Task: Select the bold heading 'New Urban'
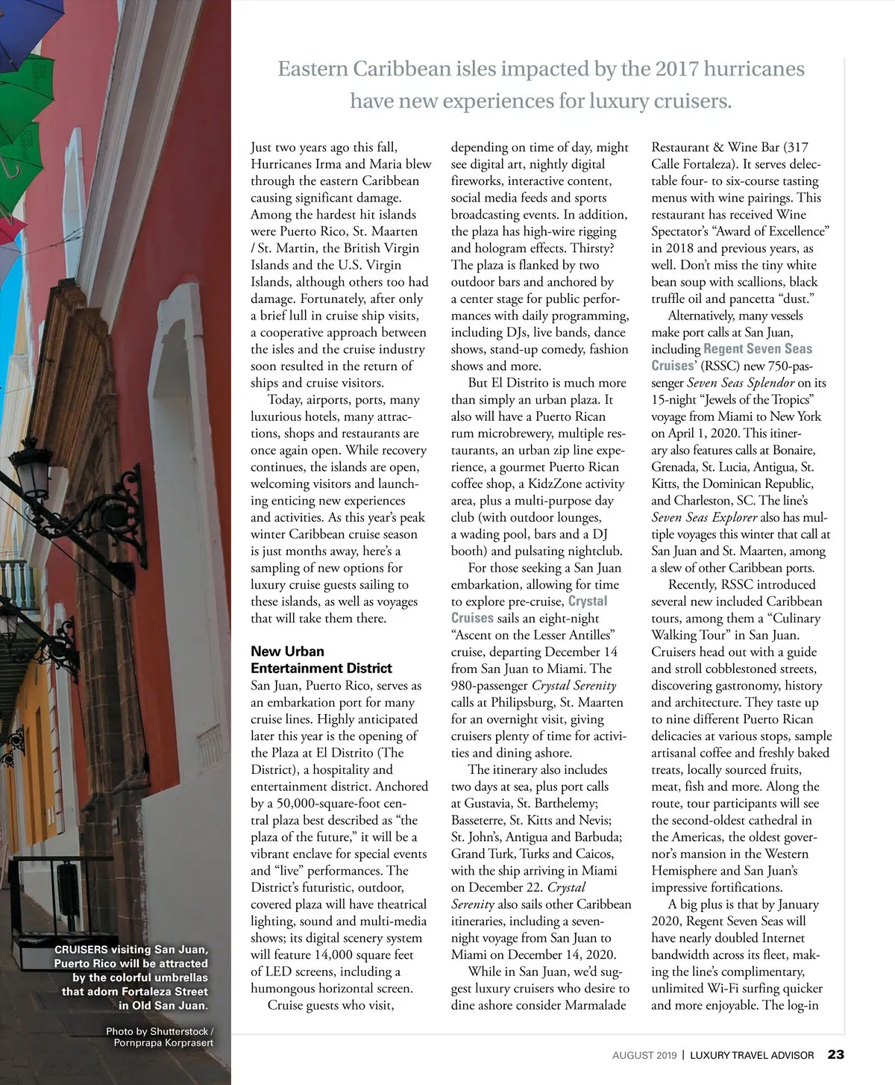click(x=287, y=651)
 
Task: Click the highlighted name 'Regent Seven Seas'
click(x=758, y=348)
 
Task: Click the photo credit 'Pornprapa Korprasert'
click(x=163, y=1042)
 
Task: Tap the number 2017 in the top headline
click(x=677, y=69)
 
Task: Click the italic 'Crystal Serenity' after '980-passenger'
click(x=574, y=685)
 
